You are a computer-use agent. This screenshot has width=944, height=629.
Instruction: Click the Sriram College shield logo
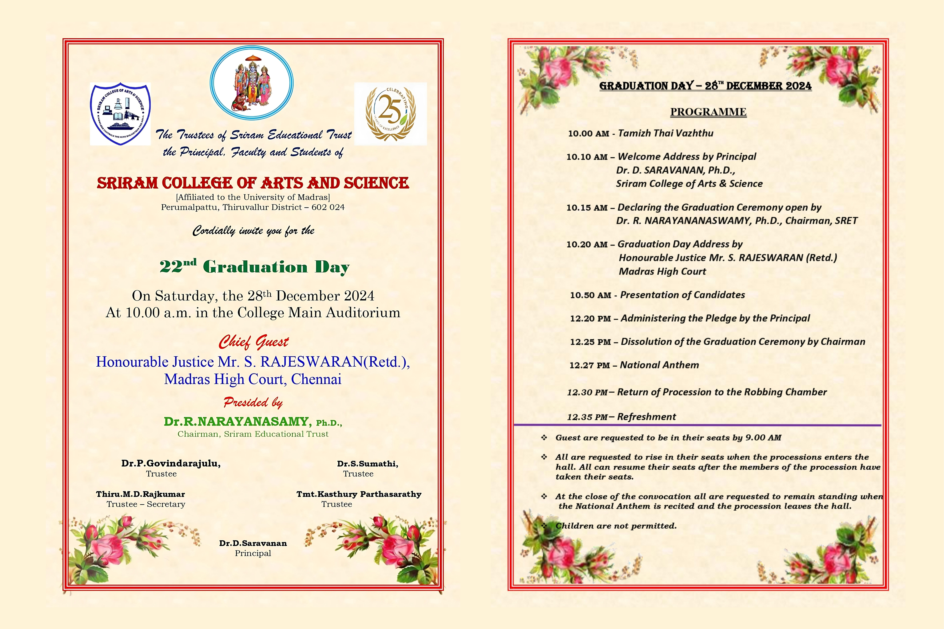(120, 114)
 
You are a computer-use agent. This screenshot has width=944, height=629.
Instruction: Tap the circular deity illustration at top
(251, 83)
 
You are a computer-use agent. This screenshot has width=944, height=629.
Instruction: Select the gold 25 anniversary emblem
(390, 114)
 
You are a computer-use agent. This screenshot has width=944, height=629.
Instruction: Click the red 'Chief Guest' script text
(254, 342)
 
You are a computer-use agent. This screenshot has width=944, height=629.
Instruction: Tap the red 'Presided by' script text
(253, 402)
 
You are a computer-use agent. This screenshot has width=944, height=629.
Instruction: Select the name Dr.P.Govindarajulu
(171, 463)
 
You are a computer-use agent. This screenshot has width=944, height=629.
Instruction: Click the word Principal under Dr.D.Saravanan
(253, 553)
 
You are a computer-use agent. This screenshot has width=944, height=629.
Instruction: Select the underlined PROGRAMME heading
(708, 112)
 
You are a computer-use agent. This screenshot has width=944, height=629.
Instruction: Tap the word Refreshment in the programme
(646, 417)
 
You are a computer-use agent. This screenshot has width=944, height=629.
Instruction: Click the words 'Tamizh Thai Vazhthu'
(665, 133)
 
